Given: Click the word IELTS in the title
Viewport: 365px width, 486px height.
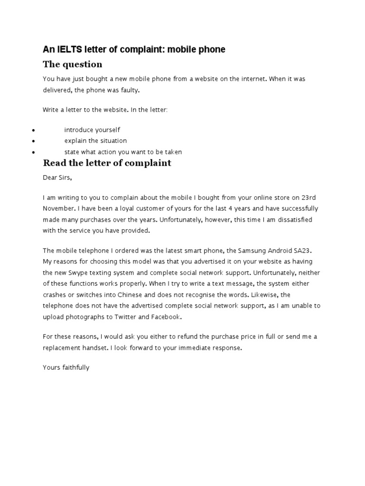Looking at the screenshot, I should [x=69, y=49].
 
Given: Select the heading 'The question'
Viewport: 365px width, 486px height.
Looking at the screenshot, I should [x=72, y=64].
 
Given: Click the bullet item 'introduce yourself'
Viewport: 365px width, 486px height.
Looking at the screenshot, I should [x=92, y=130].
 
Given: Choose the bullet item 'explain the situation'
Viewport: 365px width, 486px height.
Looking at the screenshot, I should [x=96, y=140].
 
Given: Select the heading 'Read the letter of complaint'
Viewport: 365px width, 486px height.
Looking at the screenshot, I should [x=107, y=163].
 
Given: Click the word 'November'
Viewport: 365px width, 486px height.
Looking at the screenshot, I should [x=58, y=208].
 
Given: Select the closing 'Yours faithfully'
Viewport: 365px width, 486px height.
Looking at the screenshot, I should [x=66, y=367].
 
